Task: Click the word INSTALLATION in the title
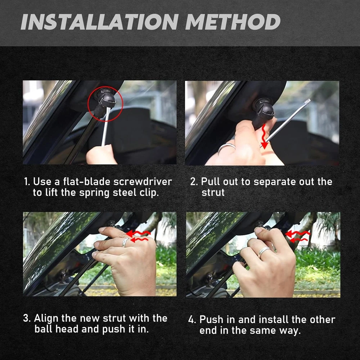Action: click(x=100, y=22)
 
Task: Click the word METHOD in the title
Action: click(x=233, y=22)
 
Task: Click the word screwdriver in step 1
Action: click(x=143, y=181)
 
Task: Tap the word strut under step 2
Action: click(x=213, y=193)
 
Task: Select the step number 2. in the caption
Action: click(x=194, y=181)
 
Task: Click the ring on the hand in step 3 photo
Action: click(x=125, y=242)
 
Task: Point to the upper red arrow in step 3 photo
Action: click(x=138, y=234)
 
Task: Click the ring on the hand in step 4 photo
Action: click(x=264, y=252)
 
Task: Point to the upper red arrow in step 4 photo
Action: click(x=297, y=234)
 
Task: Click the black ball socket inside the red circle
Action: click(x=105, y=99)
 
